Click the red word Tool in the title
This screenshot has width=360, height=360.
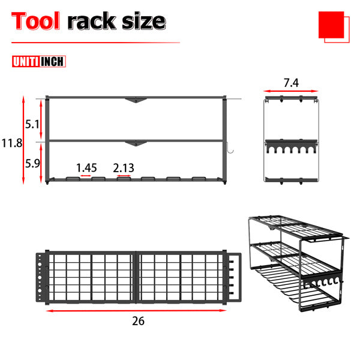tap(35, 21)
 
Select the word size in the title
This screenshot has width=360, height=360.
tap(141, 21)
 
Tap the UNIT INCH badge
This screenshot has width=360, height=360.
tap(38, 61)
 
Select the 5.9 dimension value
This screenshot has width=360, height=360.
tap(33, 162)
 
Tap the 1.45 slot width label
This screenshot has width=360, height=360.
tap(86, 169)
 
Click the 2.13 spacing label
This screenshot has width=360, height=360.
tap(124, 169)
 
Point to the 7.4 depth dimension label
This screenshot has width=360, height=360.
tap(291, 83)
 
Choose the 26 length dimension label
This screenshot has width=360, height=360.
tap(138, 321)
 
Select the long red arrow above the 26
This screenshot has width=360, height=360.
tap(137, 310)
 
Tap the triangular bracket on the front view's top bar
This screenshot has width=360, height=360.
tap(136, 100)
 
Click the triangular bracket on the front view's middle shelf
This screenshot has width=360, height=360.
tap(136, 143)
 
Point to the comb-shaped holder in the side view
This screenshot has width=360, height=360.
tap(290, 148)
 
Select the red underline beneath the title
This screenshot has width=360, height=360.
tap(96, 43)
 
